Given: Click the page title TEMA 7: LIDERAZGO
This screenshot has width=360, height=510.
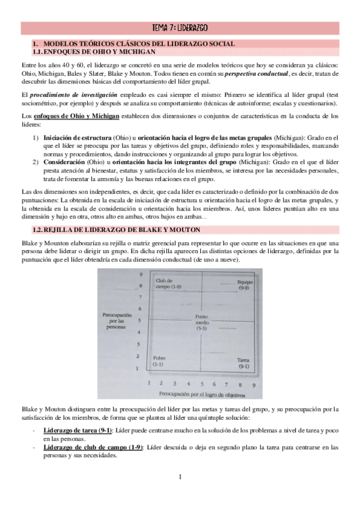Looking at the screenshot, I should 180,28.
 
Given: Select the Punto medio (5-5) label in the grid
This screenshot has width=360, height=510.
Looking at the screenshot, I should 201,322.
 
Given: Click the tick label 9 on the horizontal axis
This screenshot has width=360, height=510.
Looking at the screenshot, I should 254,383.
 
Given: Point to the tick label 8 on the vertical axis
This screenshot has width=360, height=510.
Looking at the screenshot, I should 140,286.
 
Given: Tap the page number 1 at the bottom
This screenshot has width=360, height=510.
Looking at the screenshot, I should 180,478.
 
